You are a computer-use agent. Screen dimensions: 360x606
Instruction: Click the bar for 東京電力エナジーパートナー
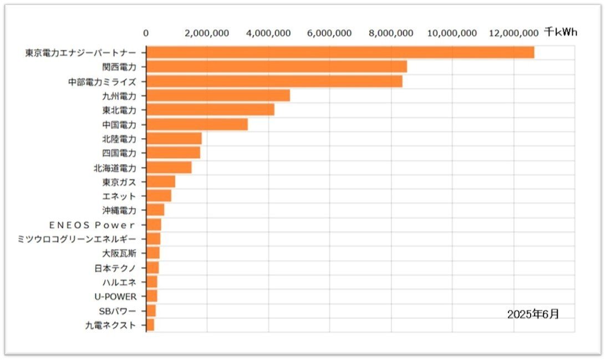click(340, 52)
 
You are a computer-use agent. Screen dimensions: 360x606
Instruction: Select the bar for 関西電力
click(276, 67)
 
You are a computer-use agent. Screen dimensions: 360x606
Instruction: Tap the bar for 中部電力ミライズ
click(274, 81)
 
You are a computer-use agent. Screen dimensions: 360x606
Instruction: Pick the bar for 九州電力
click(218, 95)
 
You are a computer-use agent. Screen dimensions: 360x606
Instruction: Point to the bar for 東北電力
click(210, 110)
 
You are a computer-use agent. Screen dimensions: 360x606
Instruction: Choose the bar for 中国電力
click(197, 124)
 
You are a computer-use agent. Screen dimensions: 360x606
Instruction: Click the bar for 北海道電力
click(169, 168)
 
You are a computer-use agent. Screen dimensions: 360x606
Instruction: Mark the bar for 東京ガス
click(160, 182)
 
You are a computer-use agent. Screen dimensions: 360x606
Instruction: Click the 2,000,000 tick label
click(207, 33)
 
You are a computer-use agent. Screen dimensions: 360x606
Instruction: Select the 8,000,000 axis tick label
click(391, 33)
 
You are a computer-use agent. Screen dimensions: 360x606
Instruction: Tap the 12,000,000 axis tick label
click(514, 33)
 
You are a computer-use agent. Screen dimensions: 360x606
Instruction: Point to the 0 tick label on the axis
click(146, 33)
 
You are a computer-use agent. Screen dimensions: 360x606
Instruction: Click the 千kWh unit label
click(560, 32)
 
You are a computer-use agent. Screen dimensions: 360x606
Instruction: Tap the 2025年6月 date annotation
click(533, 315)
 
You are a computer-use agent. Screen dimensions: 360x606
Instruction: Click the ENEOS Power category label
click(92, 225)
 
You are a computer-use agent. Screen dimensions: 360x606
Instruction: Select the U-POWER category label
click(115, 297)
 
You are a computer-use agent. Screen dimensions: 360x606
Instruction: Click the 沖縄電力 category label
click(119, 210)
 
